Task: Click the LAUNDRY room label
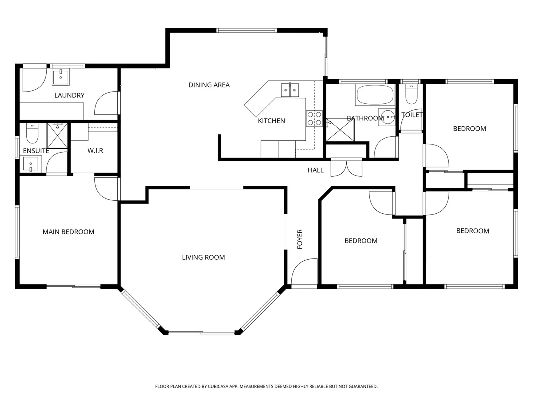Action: point(69,95)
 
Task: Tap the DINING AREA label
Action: point(209,85)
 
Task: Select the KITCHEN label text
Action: point(271,121)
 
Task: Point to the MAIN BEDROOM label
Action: point(68,232)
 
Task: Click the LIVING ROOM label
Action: point(204,257)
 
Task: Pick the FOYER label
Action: point(300,239)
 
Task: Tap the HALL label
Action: point(316,170)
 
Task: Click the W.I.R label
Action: point(95,151)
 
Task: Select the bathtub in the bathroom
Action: point(375,95)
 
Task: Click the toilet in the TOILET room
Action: point(411,94)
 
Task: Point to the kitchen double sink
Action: point(290,90)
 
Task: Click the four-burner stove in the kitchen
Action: point(314,119)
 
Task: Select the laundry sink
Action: point(61,77)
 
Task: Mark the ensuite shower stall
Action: point(57,136)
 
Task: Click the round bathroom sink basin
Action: point(388,117)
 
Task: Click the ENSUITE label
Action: point(36,151)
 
